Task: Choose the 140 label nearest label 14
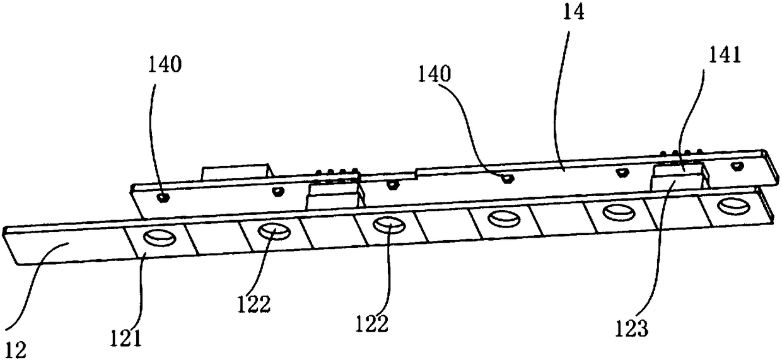[x=435, y=74]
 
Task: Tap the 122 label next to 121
[x=254, y=304]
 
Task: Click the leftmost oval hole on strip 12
[x=157, y=238]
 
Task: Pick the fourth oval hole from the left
[x=503, y=218]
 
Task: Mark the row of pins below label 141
[x=682, y=153]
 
